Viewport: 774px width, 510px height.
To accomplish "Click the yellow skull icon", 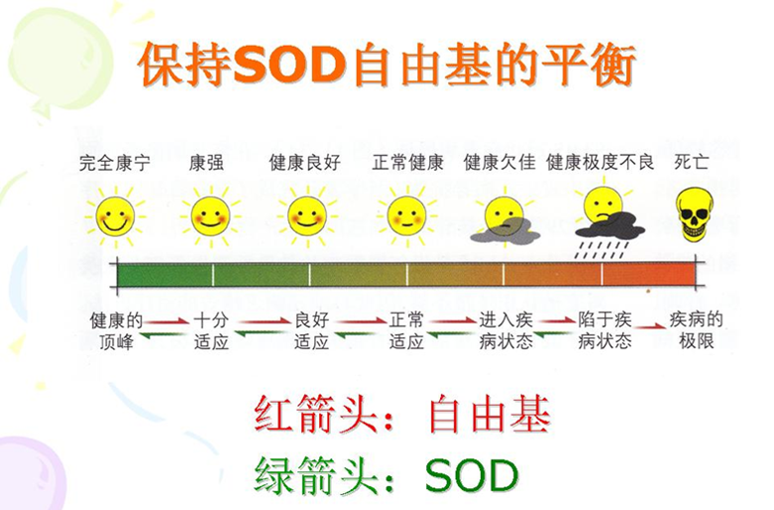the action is tap(695, 215).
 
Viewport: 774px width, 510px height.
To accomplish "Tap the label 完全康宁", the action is tap(115, 163).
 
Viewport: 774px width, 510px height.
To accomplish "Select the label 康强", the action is tap(206, 163).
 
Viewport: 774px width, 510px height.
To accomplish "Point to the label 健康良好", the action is tap(304, 163).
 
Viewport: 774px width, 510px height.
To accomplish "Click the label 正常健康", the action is tap(407, 163).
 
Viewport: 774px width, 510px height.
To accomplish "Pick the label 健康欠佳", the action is tap(499, 163).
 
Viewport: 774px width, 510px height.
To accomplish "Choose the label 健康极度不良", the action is tap(601, 163).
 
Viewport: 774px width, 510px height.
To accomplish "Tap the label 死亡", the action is tap(692, 163).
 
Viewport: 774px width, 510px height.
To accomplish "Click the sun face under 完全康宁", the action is tap(115, 216).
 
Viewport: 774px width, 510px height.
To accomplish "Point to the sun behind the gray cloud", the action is tap(504, 216).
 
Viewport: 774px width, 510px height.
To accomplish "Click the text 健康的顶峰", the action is tap(116, 330).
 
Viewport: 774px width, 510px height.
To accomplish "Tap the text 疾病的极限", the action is tap(696, 330).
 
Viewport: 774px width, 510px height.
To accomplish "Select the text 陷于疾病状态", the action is tap(605, 330).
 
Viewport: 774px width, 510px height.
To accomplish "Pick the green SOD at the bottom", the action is tap(472, 475).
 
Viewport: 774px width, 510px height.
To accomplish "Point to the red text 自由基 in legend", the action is tap(490, 414).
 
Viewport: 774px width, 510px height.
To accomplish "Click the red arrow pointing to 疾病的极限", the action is tap(650, 326).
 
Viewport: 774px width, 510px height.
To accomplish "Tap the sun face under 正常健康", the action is tap(407, 216).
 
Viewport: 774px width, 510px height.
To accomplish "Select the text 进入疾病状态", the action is tap(506, 330).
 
